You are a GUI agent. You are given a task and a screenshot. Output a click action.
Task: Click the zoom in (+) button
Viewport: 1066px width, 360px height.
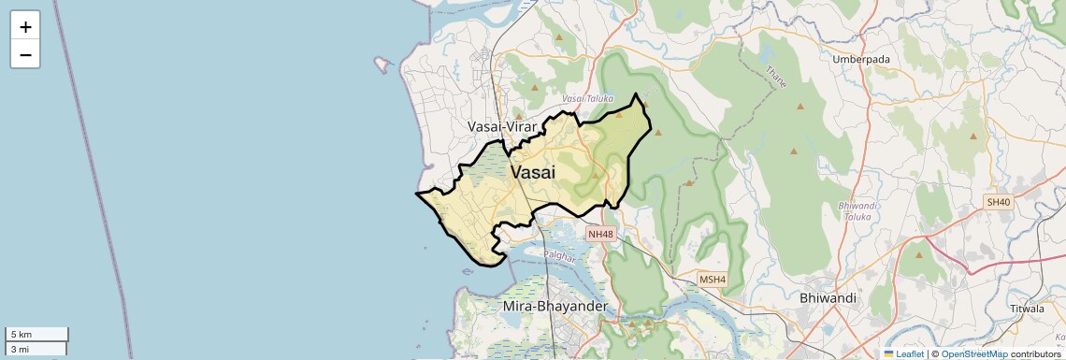[25, 27]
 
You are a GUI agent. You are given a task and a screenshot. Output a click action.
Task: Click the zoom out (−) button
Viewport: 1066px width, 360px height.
[25, 55]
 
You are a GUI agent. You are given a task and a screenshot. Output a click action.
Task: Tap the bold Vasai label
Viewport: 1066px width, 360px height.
[533, 173]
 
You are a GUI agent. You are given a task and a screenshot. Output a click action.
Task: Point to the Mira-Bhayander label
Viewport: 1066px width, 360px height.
[555, 306]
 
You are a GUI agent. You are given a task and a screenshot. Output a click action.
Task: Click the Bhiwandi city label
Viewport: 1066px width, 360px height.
[828, 297]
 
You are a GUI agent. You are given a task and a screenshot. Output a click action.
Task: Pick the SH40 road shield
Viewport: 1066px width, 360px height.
[998, 202]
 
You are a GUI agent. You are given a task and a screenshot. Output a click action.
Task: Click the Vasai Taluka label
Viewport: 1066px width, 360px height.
[587, 98]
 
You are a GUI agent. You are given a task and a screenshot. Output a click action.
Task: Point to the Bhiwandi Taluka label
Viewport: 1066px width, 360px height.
[856, 210]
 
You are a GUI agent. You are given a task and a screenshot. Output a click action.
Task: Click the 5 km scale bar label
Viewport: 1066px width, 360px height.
[22, 335]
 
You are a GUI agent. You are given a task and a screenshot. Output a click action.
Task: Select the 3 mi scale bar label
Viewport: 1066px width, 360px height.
[21, 349]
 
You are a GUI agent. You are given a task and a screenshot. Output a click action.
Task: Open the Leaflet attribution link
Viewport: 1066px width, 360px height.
[903, 353]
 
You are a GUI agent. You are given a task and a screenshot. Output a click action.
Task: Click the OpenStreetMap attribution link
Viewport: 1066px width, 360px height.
[973, 353]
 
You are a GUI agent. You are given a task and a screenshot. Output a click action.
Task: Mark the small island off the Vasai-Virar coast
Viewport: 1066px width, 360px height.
[382, 65]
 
